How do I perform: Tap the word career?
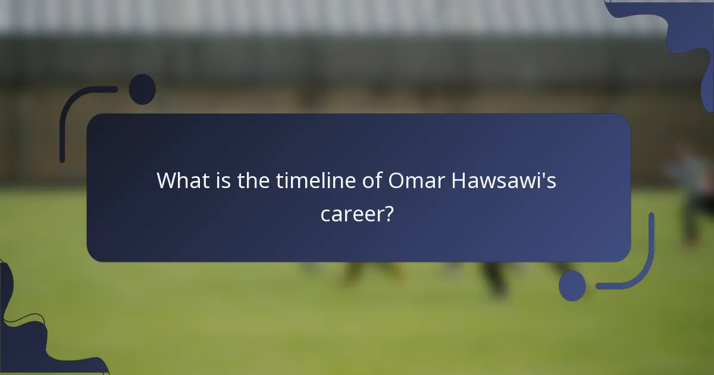pyautogui.click(x=351, y=213)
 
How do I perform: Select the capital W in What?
pyautogui.click(x=168, y=180)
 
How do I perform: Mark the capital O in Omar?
pyautogui.click(x=397, y=180)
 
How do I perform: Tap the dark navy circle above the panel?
pyautogui.click(x=142, y=89)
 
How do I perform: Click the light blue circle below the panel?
pyautogui.click(x=572, y=286)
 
